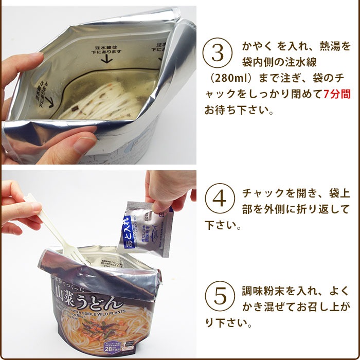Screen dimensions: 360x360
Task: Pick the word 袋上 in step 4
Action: pos(339,193)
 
